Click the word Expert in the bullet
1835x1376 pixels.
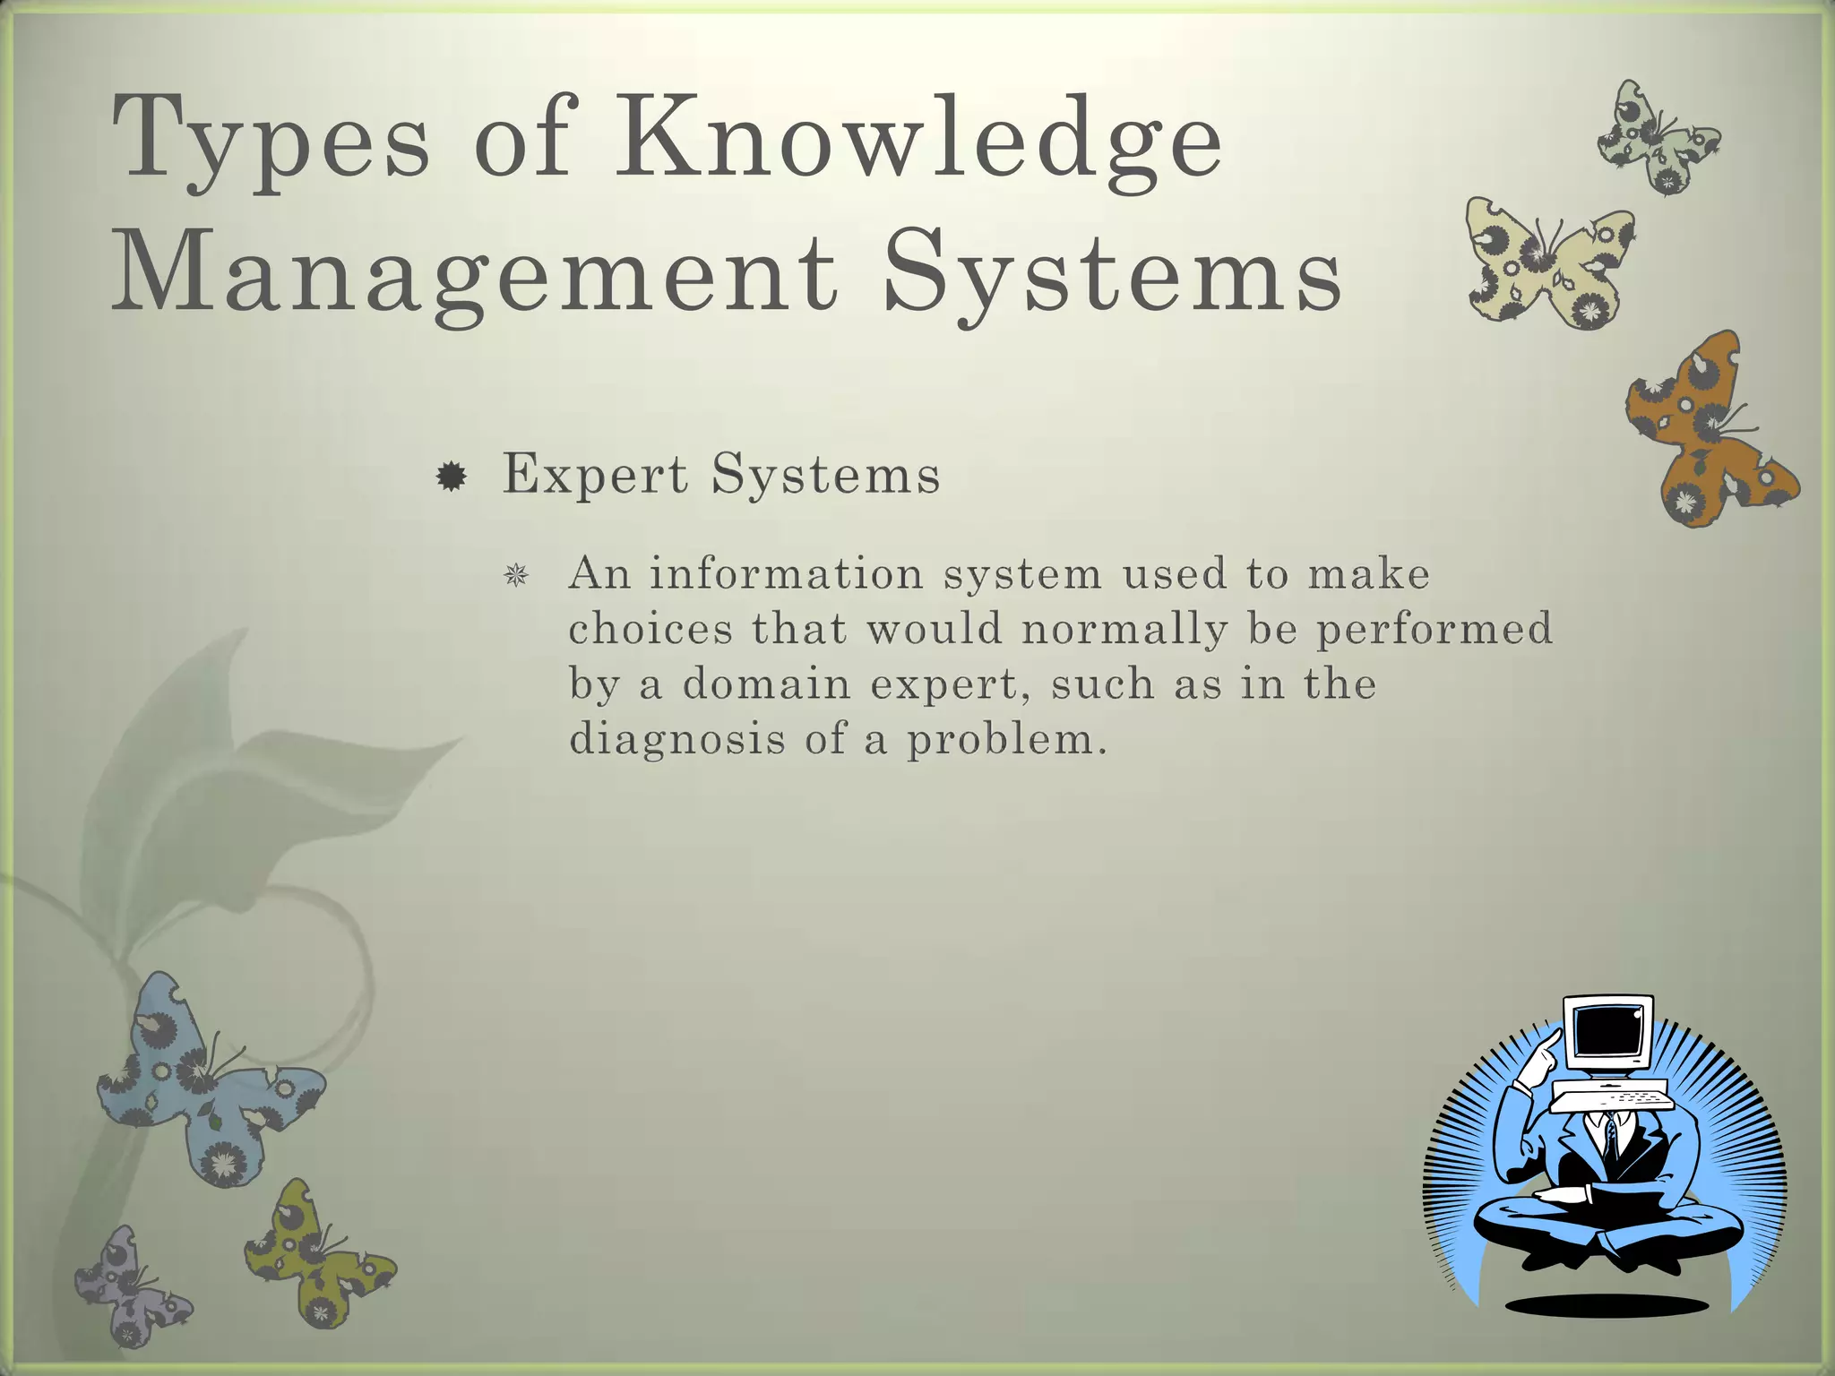595,474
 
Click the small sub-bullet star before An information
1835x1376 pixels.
515,575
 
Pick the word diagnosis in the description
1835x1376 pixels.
677,740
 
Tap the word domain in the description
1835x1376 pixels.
766,685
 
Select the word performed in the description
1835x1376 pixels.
1434,630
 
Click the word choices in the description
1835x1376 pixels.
651,630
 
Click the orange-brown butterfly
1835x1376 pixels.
1707,430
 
